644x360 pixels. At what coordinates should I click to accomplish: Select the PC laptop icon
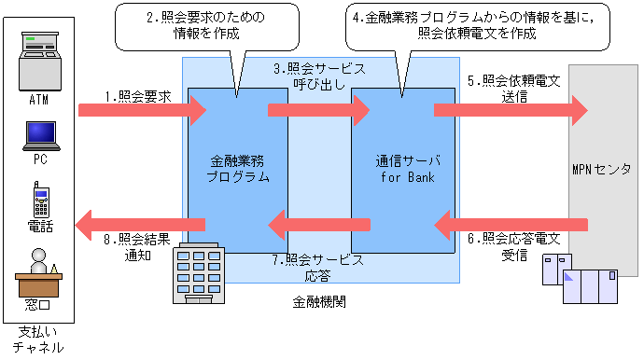point(39,136)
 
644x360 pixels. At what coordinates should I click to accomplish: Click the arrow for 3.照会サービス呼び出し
point(318,111)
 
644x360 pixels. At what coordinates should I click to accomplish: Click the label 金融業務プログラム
point(237,167)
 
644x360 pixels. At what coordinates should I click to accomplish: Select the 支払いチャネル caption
point(38,339)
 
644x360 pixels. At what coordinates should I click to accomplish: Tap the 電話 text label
point(40,226)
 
